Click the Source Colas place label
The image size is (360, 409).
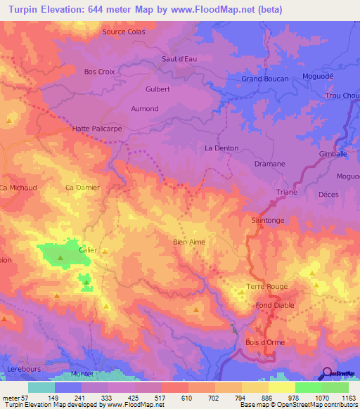coord(124,32)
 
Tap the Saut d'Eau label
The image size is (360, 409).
coord(179,59)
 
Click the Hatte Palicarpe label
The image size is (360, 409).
coord(96,129)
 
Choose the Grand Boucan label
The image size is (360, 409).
coord(265,79)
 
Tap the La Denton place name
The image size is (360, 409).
coord(221,148)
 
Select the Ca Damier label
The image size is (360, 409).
coord(82,188)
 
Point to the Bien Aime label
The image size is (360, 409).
coord(189,242)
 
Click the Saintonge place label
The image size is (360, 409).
coord(267,221)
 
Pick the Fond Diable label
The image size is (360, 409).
coord(274,306)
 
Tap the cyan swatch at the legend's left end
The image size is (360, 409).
coord(41,387)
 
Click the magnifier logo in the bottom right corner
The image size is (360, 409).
coord(326,372)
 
